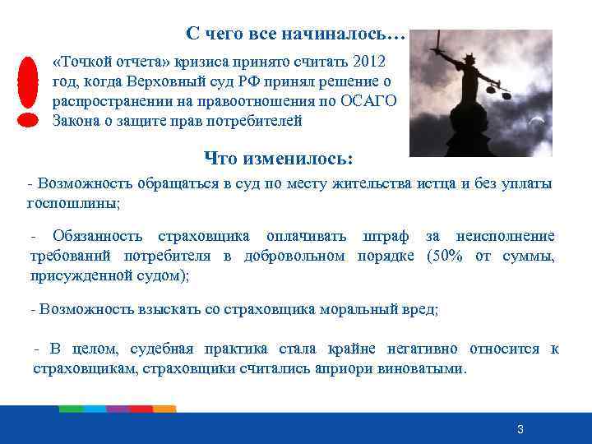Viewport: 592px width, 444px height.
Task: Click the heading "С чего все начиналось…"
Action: coord(295,34)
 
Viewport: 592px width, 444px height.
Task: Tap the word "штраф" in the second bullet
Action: coord(386,237)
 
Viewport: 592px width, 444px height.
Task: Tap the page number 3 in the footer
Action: coord(520,430)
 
